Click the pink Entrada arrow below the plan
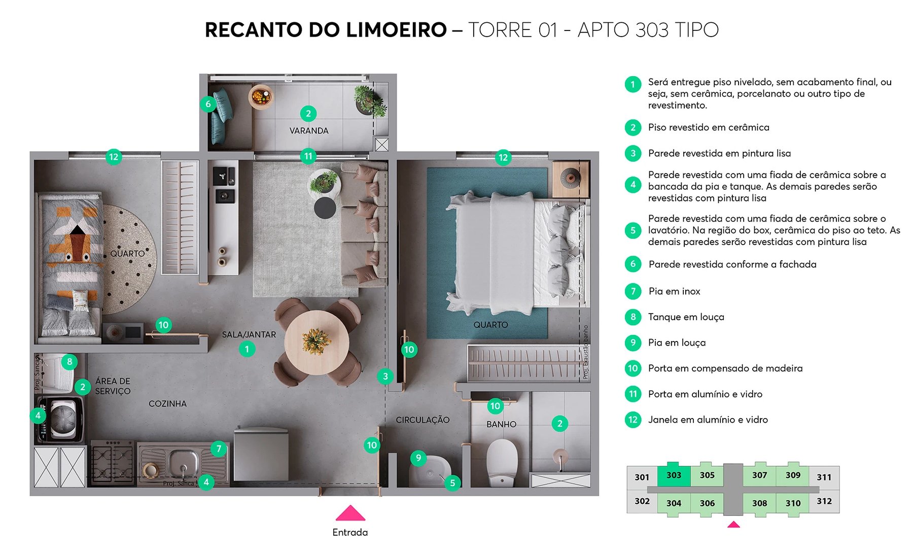(x=350, y=513)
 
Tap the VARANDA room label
(x=309, y=130)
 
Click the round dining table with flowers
(x=317, y=342)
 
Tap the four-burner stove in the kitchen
(x=112, y=462)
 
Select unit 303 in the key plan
(x=674, y=475)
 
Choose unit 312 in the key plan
(x=824, y=501)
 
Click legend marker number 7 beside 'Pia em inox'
(x=633, y=291)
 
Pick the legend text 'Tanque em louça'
(x=686, y=317)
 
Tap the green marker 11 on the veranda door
(x=308, y=156)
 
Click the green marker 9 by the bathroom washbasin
(x=418, y=458)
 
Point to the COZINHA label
(x=167, y=404)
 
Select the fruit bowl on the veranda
(x=261, y=96)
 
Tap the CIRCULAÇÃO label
(x=423, y=420)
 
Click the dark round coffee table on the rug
(x=325, y=208)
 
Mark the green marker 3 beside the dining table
(x=385, y=376)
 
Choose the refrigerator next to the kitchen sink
(x=261, y=454)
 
